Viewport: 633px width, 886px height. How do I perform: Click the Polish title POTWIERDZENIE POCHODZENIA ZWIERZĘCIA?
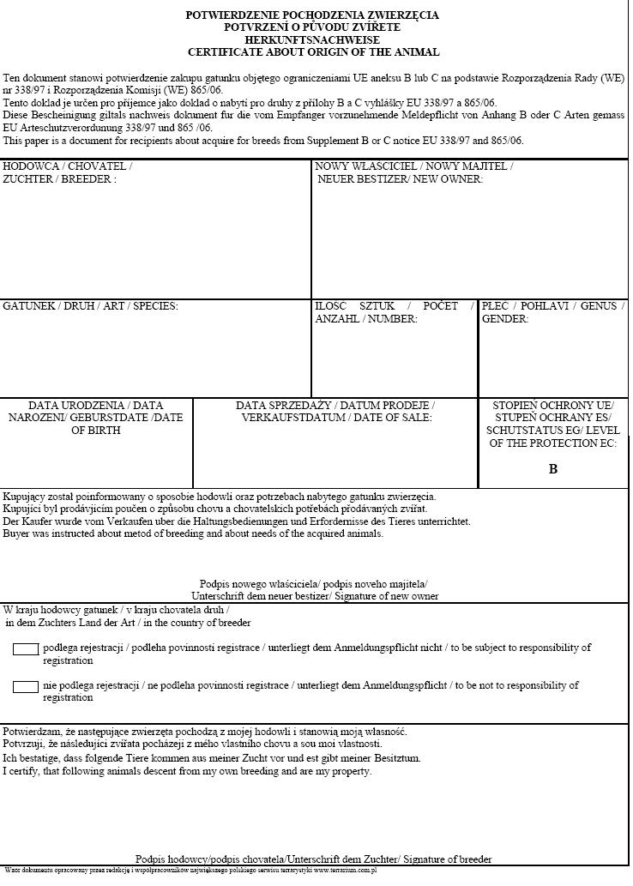pos(312,15)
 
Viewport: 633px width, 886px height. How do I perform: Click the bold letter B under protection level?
pos(553,469)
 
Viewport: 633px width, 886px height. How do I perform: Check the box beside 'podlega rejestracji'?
pos(26,649)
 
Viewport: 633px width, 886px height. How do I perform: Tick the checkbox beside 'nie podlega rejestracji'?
pos(26,687)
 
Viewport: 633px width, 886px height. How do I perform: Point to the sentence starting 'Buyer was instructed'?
pos(193,533)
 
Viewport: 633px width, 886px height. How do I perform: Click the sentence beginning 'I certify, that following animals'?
pos(188,771)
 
